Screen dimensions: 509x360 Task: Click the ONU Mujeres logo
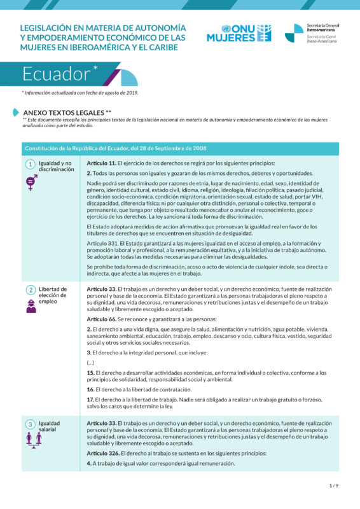(239, 33)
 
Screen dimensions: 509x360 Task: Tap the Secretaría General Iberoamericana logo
(312, 33)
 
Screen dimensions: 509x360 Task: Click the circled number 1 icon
(30, 164)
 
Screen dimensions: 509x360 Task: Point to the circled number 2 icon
(30, 290)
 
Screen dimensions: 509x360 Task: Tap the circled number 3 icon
(30, 424)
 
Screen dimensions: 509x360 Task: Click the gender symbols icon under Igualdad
(30, 183)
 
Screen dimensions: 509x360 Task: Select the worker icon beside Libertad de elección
(30, 307)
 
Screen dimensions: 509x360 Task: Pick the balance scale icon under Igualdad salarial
(30, 440)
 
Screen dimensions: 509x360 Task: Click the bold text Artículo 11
(100, 164)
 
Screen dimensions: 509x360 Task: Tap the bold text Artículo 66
(100, 319)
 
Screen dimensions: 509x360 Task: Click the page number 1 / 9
(334, 485)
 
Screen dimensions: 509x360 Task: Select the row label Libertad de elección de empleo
(52, 295)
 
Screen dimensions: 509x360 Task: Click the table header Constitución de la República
(115, 148)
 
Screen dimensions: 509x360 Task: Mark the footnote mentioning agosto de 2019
(80, 92)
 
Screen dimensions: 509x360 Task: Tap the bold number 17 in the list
(90, 399)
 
